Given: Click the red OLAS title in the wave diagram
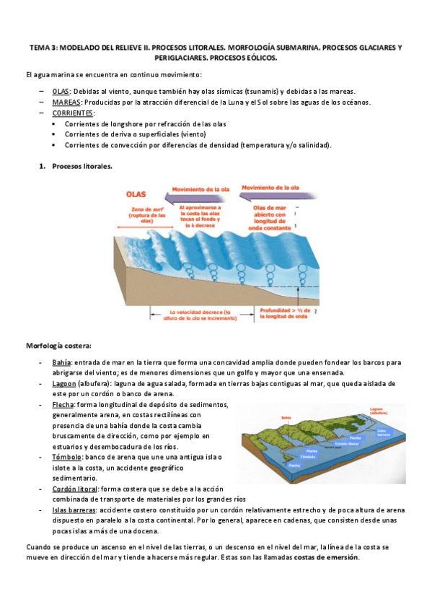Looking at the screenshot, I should [136, 194].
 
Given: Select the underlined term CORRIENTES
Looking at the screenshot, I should [73, 113].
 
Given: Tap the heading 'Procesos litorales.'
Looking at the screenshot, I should [82, 167].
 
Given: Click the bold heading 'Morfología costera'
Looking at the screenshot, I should [58, 345].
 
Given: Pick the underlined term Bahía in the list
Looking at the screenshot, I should [62, 362].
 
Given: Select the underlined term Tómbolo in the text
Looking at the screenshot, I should [66, 457].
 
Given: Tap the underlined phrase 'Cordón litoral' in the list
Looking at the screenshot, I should [74, 489].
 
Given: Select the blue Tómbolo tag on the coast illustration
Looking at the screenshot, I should [307, 457].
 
